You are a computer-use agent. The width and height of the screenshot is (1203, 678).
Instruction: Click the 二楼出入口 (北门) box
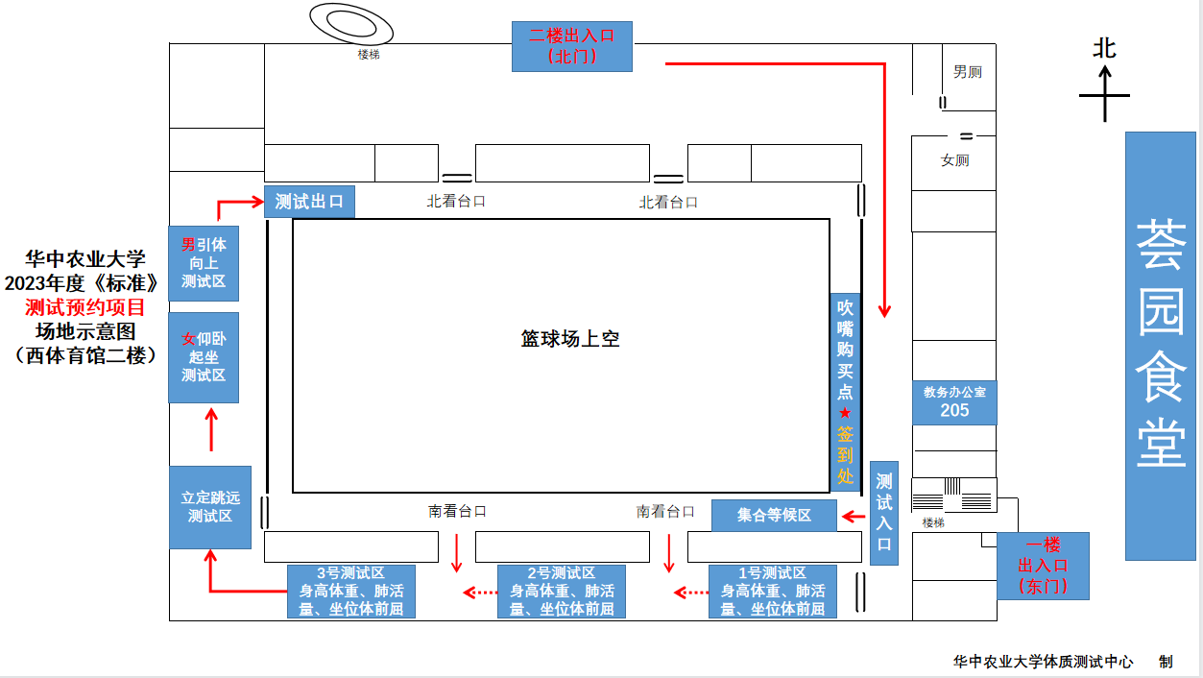(x=571, y=46)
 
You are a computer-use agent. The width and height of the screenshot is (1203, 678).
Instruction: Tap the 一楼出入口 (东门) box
(x=1043, y=566)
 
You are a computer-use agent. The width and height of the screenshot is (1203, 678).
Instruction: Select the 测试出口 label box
(x=309, y=202)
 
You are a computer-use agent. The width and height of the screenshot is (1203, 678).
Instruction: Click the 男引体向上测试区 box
(x=204, y=263)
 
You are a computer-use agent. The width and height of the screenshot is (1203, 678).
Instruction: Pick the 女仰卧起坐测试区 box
(x=204, y=357)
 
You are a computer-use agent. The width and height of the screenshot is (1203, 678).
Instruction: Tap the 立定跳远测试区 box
(x=210, y=507)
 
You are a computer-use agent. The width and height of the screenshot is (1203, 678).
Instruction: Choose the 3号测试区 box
(x=351, y=591)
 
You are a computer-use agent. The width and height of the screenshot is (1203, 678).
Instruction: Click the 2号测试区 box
(x=562, y=591)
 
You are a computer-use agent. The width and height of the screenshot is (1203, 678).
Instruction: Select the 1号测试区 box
(x=773, y=591)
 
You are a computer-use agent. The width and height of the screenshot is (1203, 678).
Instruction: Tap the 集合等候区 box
(x=774, y=515)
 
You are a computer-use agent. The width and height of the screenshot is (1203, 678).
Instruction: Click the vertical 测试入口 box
(x=884, y=513)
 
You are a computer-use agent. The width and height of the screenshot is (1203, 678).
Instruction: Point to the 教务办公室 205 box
(x=954, y=402)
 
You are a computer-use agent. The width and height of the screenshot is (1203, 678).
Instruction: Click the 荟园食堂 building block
(x=1161, y=346)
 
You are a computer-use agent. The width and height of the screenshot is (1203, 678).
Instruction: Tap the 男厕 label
(x=967, y=72)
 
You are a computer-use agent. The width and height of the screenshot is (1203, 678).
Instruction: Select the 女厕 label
(x=954, y=160)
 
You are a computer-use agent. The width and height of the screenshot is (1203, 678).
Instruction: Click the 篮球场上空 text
(x=570, y=338)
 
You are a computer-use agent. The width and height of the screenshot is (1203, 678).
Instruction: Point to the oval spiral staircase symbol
(x=349, y=23)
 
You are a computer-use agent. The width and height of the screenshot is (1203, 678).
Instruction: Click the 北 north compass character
(x=1104, y=48)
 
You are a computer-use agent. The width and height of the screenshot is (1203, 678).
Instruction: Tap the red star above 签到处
(x=845, y=412)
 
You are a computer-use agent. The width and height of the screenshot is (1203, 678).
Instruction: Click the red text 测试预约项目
(x=84, y=307)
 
